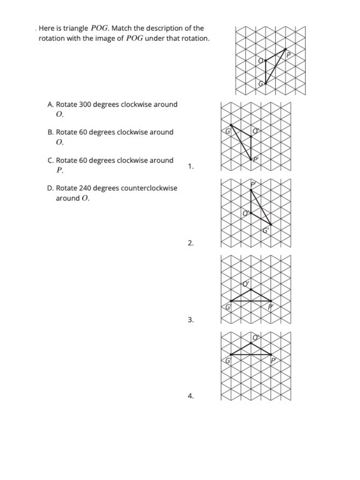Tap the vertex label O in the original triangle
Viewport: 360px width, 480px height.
(261, 60)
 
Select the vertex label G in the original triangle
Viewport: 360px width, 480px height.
(261, 84)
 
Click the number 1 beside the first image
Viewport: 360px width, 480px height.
(190, 166)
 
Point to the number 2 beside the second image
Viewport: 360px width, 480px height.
(190, 243)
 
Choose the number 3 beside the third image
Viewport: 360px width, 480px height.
(190, 320)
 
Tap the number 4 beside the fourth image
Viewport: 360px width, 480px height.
(190, 396)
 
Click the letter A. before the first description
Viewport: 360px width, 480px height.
(51, 105)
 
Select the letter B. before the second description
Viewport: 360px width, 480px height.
(51, 132)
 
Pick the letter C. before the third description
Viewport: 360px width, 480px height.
(51, 160)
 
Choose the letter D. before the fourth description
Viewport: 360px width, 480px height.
(51, 188)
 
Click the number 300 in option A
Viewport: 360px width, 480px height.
(85, 105)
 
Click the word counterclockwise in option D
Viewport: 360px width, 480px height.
(149, 188)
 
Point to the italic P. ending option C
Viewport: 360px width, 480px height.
(60, 170)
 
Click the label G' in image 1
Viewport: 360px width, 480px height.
(228, 130)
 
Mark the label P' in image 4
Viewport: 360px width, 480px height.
(273, 360)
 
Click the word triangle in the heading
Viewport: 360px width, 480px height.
(76, 28)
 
